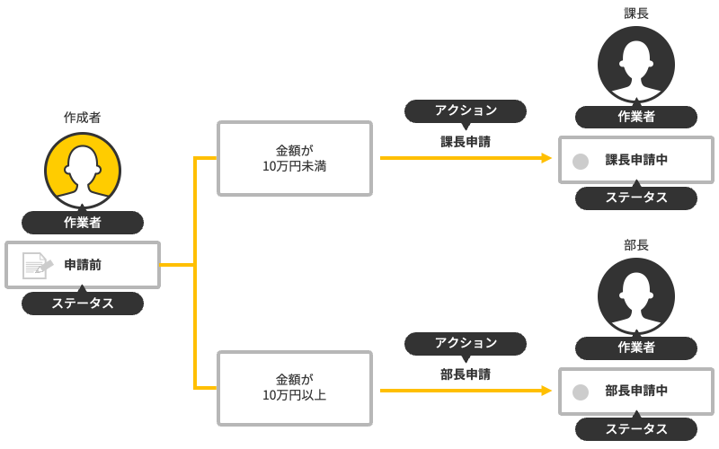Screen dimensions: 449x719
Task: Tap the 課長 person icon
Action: (636, 64)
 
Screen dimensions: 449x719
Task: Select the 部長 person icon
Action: (636, 295)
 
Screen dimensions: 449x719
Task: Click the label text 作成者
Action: (82, 118)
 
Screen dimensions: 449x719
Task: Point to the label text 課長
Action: (636, 13)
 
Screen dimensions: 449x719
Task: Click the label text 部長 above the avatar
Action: (636, 244)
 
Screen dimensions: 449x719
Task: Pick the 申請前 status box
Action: (83, 265)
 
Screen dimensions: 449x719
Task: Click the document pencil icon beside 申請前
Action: (37, 265)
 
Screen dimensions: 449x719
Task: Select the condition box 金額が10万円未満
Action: (295, 158)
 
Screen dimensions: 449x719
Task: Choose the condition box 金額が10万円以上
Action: (295, 388)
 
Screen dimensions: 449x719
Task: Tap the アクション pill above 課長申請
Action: (466, 110)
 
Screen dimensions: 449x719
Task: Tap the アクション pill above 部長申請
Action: (466, 342)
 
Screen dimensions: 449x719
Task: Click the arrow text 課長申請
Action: (466, 141)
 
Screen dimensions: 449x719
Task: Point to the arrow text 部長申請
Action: (466, 374)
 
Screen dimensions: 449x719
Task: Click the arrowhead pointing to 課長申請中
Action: (546, 158)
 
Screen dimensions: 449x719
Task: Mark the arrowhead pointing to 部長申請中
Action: (546, 391)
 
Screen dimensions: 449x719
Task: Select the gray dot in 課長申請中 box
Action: (581, 161)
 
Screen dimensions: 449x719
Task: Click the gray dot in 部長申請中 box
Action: (581, 392)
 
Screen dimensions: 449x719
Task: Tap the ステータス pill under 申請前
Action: (83, 304)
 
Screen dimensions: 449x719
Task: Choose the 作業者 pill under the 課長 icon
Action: (636, 117)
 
